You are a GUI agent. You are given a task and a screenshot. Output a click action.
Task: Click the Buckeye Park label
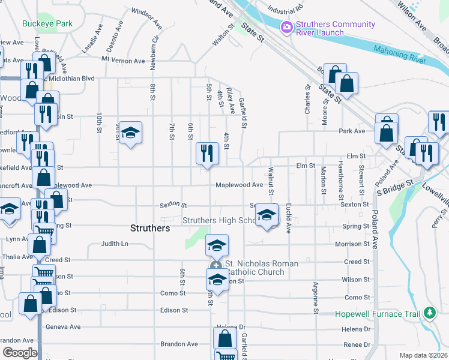pos(47,24)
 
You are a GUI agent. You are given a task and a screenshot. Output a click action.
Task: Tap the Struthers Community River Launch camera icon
pos(287,26)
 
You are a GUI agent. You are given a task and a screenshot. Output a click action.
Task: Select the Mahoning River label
pos(399,55)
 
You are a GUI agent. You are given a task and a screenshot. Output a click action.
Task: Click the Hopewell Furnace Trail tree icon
pos(430,313)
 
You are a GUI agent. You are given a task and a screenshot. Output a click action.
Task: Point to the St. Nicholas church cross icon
pos(216,265)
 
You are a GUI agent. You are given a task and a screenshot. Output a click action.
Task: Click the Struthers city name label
pos(150,228)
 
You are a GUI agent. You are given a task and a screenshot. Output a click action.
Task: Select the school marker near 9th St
pos(130,133)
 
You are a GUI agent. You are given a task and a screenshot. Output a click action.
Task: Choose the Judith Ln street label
pos(115,244)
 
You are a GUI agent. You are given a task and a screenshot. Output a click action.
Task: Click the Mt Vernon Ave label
pos(123,61)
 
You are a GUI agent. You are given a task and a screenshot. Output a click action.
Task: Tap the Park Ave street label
pos(352,131)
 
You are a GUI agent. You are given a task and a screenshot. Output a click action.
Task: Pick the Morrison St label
pos(352,244)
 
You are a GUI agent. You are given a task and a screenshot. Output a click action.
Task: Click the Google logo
pos(20,353)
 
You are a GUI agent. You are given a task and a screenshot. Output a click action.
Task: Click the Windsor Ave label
pos(147,19)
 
